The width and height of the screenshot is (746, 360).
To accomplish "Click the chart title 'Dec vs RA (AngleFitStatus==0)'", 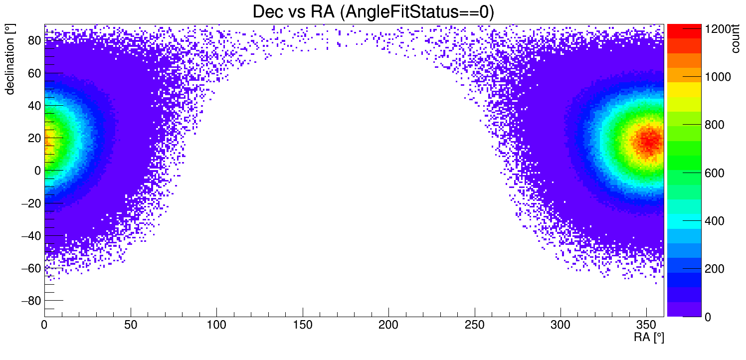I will (x=373, y=12).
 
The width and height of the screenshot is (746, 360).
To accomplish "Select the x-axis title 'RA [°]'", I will (x=649, y=338).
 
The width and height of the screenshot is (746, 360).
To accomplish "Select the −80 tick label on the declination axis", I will (x=31, y=300).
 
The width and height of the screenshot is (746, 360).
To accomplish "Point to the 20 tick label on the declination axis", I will (x=34, y=138).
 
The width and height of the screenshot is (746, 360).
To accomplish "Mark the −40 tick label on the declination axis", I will (x=31, y=235).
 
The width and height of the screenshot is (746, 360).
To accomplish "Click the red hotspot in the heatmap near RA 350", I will (x=648, y=141).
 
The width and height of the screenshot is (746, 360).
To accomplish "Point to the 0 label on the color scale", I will (x=707, y=317).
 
